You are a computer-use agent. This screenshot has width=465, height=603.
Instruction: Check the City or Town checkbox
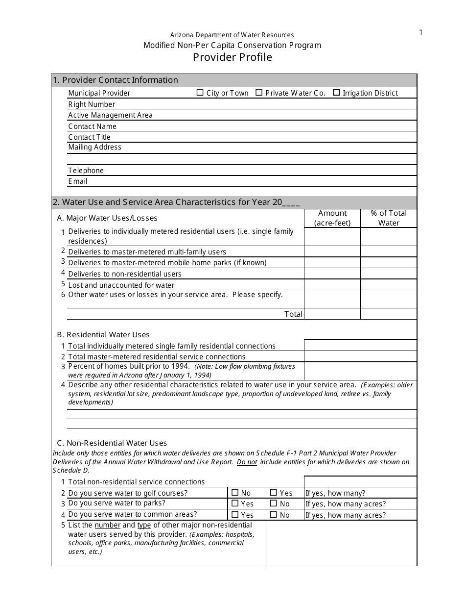[x=200, y=93]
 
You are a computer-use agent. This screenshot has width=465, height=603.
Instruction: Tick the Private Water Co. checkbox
[x=259, y=93]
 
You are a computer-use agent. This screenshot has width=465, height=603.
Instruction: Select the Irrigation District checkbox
[x=336, y=93]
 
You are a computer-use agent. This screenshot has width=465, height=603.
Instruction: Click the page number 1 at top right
[x=420, y=33]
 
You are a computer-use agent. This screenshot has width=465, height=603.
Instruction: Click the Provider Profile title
[x=232, y=57]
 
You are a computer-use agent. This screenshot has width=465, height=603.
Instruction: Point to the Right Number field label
[x=92, y=104]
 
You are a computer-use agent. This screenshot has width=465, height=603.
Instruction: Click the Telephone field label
[x=86, y=171]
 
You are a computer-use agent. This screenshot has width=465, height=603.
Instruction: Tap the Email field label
[x=77, y=181]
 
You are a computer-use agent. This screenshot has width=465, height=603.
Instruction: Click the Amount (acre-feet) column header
[x=332, y=218]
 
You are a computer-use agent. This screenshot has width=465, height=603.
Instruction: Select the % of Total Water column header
[x=389, y=218]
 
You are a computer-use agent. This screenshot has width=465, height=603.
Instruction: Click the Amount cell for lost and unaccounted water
[x=332, y=285]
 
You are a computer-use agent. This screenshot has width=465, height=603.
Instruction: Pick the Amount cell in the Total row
[x=332, y=314]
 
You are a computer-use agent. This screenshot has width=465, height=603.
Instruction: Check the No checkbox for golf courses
[x=235, y=493]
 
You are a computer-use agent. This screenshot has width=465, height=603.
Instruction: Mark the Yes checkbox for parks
[x=235, y=503]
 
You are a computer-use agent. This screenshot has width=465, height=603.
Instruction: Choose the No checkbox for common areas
[x=274, y=515]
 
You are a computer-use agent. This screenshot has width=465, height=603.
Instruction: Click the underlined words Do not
[x=247, y=462]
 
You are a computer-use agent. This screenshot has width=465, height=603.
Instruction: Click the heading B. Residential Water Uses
[x=103, y=335]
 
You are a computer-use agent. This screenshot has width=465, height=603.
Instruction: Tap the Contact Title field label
[x=89, y=137]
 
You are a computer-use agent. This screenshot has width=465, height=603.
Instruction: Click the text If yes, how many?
[x=335, y=493]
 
